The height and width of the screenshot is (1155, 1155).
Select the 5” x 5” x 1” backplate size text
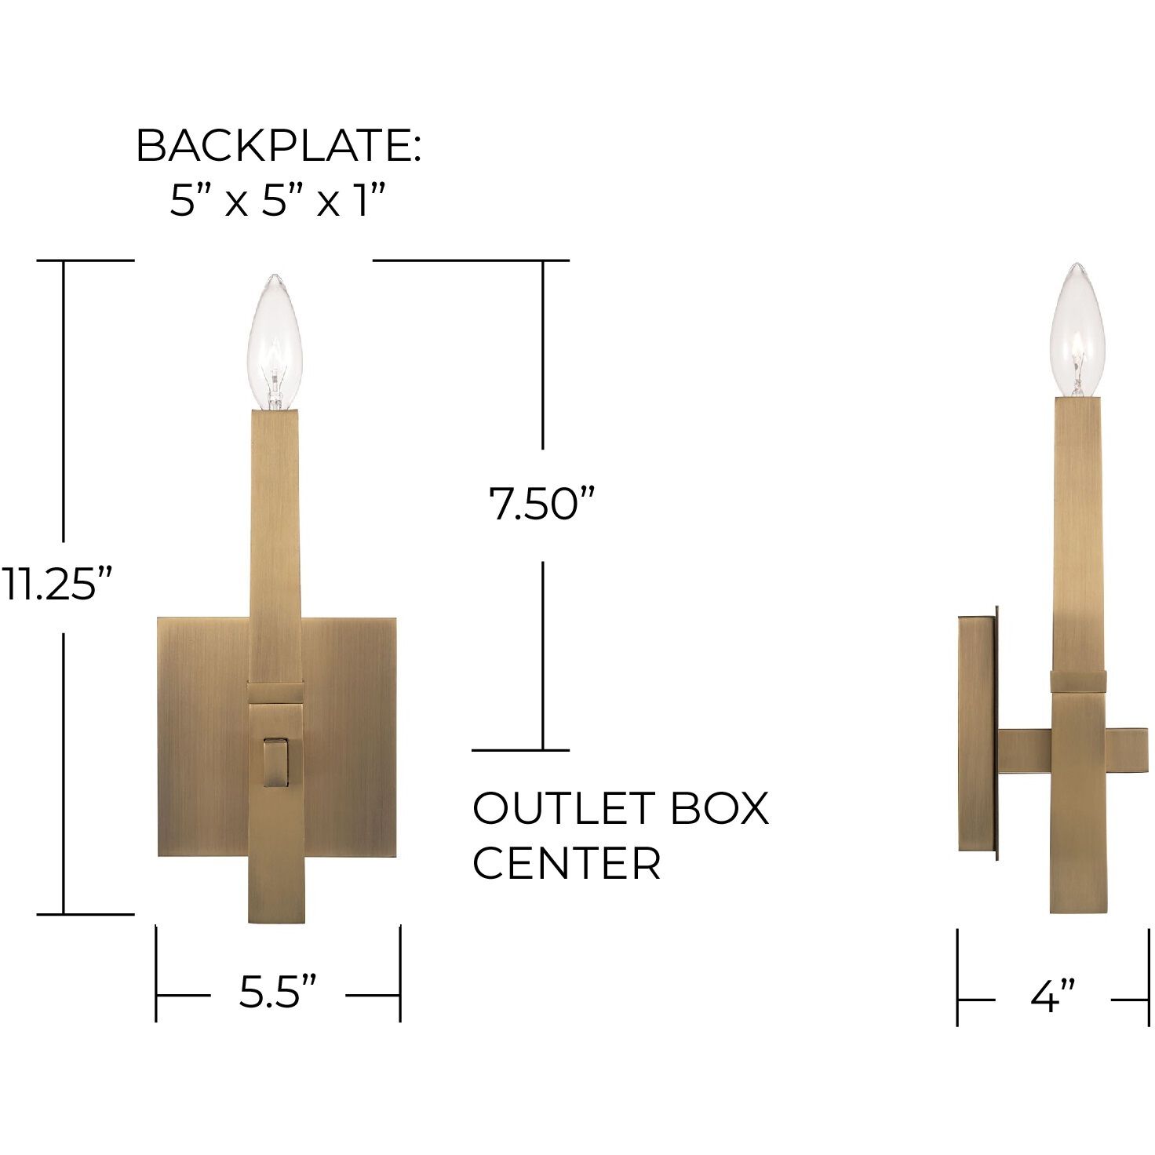279,201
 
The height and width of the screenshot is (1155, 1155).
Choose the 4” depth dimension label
1052,997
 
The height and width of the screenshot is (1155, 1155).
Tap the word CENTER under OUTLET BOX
567,863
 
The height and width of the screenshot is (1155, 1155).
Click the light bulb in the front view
275,343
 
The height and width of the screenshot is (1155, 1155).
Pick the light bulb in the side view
1077,331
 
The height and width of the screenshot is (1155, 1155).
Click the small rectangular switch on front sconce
275,761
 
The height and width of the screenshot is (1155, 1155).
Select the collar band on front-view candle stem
275,692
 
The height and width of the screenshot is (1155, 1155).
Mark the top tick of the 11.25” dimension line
86,261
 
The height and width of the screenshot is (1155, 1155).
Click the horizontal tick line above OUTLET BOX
520,750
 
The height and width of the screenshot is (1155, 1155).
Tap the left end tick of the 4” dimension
958,977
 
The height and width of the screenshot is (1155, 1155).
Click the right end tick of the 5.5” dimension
400,973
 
